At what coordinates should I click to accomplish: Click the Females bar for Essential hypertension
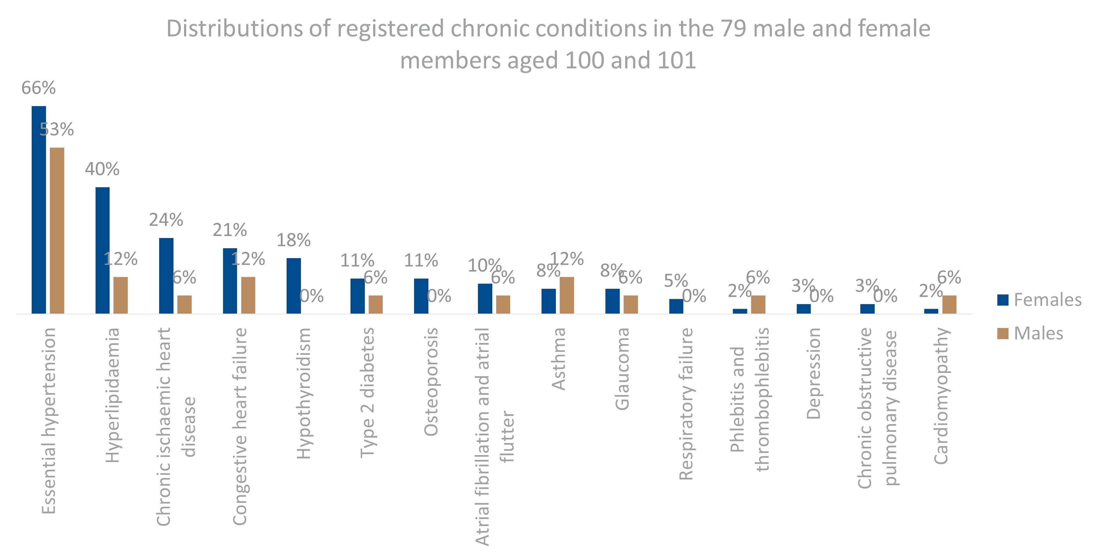(39, 209)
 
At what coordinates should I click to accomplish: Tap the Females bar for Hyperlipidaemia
(102, 250)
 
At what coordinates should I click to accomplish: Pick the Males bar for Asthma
(567, 295)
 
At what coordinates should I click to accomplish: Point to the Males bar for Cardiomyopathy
(949, 304)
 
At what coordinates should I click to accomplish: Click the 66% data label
(38, 88)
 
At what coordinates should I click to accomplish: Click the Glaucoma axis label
(622, 369)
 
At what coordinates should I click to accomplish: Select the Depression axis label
(813, 373)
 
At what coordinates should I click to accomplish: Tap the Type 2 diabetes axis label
(367, 392)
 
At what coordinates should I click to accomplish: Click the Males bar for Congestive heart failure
(248, 295)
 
